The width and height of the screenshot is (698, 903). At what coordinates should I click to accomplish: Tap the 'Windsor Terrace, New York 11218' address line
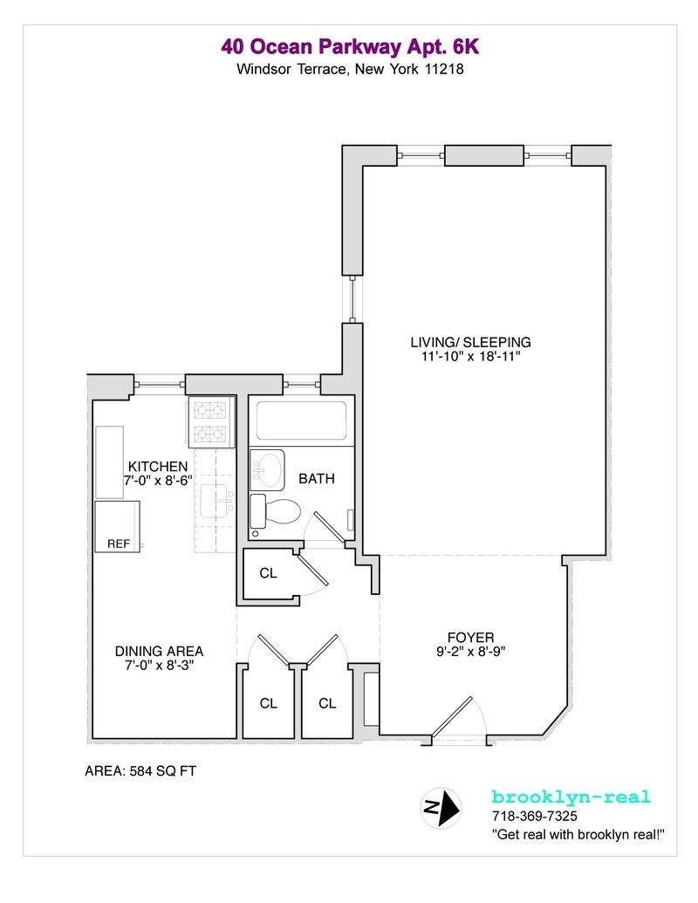[349, 69]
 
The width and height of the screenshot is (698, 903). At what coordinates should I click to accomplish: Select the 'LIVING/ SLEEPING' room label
[471, 341]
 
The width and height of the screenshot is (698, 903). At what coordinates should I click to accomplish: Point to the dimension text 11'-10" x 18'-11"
[471, 356]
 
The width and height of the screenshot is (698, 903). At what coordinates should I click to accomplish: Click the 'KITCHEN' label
[158, 466]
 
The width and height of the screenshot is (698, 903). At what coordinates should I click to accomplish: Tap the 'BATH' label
[317, 478]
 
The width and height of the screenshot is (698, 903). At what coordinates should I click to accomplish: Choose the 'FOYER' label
[471, 636]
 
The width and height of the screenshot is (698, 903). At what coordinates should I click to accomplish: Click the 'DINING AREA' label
[160, 651]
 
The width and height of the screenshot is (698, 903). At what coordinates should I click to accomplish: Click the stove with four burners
[209, 421]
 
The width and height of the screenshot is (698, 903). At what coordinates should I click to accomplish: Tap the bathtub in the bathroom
[300, 421]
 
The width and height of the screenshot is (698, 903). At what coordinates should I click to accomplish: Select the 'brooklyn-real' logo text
[571, 797]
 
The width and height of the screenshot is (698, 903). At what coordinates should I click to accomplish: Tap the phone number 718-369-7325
[534, 817]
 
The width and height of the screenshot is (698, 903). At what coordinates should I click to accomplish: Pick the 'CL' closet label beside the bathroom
[268, 574]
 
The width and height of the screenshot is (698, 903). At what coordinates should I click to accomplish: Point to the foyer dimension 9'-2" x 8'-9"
[471, 651]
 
